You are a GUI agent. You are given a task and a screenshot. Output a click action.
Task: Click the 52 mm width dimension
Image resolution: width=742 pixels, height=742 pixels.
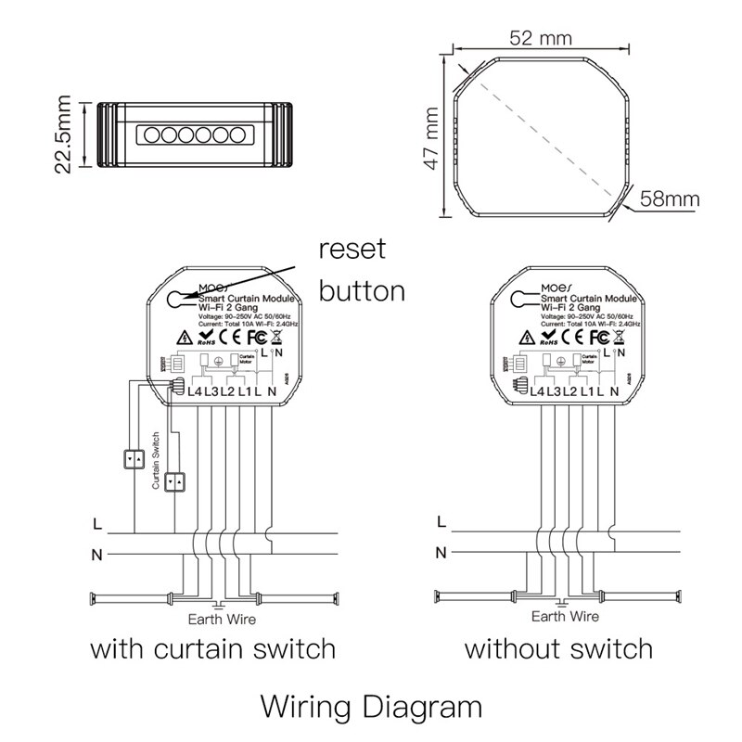click(x=540, y=37)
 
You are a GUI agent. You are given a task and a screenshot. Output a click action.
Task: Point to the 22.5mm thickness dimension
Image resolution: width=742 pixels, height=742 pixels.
click(x=63, y=134)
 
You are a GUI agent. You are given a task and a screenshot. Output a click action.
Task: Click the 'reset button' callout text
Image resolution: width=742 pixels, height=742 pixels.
click(x=362, y=270)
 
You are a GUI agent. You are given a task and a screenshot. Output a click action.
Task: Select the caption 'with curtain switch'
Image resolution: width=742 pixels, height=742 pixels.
click(x=212, y=647)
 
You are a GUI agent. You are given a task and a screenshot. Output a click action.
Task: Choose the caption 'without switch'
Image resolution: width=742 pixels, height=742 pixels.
click(x=558, y=647)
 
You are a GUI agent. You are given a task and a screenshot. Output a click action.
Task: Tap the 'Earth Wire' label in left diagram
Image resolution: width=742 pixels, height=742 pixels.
click(x=222, y=619)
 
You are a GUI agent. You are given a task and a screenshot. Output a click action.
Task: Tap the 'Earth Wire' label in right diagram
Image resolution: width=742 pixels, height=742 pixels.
click(x=565, y=616)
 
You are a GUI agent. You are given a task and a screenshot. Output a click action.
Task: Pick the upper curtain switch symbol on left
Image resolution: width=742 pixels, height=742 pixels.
click(x=134, y=457)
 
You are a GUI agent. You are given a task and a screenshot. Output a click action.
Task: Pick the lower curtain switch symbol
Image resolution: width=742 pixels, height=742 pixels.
click(x=175, y=482)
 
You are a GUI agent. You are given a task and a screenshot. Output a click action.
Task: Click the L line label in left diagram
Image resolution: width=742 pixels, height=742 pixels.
click(x=97, y=524)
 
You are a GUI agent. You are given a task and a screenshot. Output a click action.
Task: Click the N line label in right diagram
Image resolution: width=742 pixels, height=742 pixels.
click(x=441, y=554)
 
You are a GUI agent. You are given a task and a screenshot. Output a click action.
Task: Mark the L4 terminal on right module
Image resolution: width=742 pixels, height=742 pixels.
click(x=537, y=391)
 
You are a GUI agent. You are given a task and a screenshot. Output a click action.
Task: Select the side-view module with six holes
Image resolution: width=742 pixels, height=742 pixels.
click(x=193, y=134)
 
